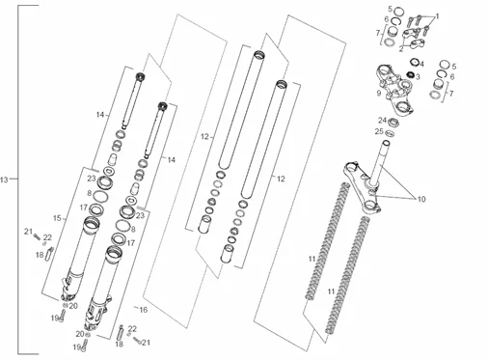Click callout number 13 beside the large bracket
click(x=4, y=180)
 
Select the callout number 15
click(x=57, y=218)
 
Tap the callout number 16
click(x=144, y=310)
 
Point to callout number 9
click(x=379, y=93)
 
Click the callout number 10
click(x=421, y=199)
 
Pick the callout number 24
click(x=382, y=121)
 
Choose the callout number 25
click(x=379, y=131)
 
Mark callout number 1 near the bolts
click(x=437, y=16)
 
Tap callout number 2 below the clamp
click(x=401, y=49)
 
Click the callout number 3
click(x=418, y=77)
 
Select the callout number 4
click(x=421, y=64)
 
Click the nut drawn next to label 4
click(x=414, y=62)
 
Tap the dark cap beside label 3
click(x=410, y=74)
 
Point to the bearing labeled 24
click(x=393, y=123)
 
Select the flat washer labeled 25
click(x=389, y=132)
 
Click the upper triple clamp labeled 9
click(x=394, y=90)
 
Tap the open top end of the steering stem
click(x=386, y=143)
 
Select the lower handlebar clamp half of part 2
click(x=418, y=43)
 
